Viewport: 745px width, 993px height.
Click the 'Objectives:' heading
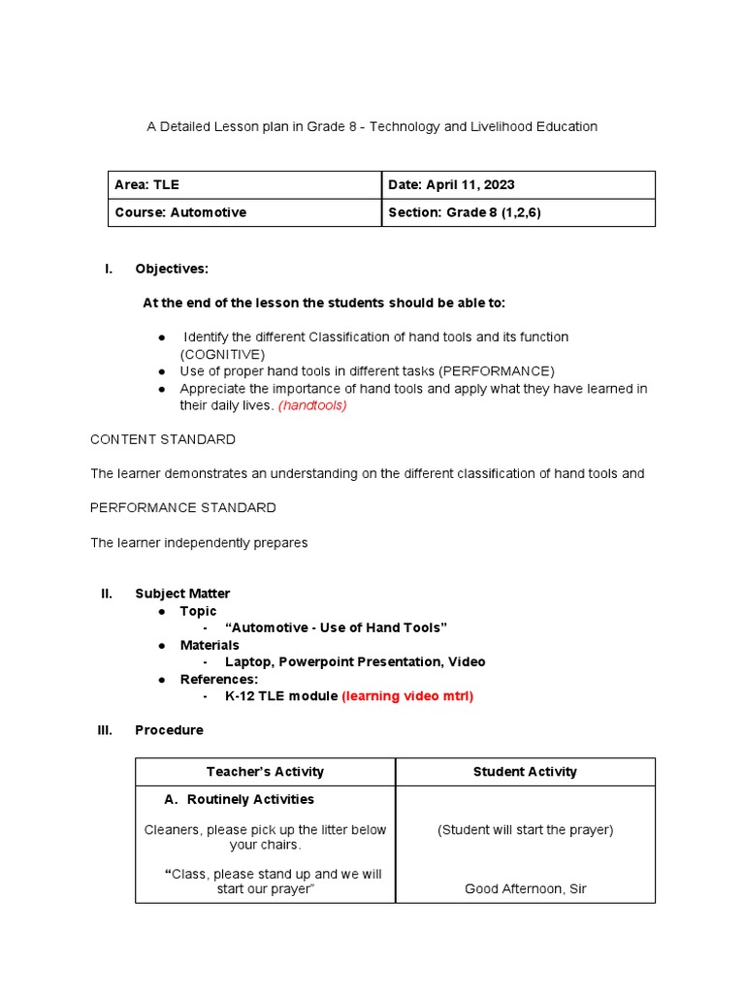pyautogui.click(x=172, y=269)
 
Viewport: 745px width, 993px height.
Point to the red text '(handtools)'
pyautogui.click(x=312, y=405)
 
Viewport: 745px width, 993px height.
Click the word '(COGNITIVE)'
pyautogui.click(x=222, y=354)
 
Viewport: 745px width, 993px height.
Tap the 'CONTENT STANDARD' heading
pyautogui.click(x=163, y=439)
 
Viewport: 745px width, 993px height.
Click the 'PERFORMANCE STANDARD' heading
pyautogui.click(x=183, y=507)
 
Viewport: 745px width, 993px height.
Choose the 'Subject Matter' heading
pyautogui.click(x=182, y=593)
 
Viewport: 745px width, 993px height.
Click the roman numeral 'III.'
pyautogui.click(x=106, y=730)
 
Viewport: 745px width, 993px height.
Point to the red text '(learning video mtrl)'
pyautogui.click(x=407, y=696)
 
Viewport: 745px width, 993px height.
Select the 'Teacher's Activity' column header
pyautogui.click(x=265, y=772)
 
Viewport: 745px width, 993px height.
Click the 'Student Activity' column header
pyautogui.click(x=525, y=772)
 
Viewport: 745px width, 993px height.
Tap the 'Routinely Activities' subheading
pyautogui.click(x=250, y=799)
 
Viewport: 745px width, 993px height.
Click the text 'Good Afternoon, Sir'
pyautogui.click(x=525, y=888)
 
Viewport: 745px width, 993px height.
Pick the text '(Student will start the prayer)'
pyautogui.click(x=525, y=829)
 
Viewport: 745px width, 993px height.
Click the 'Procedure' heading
pyautogui.click(x=169, y=730)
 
